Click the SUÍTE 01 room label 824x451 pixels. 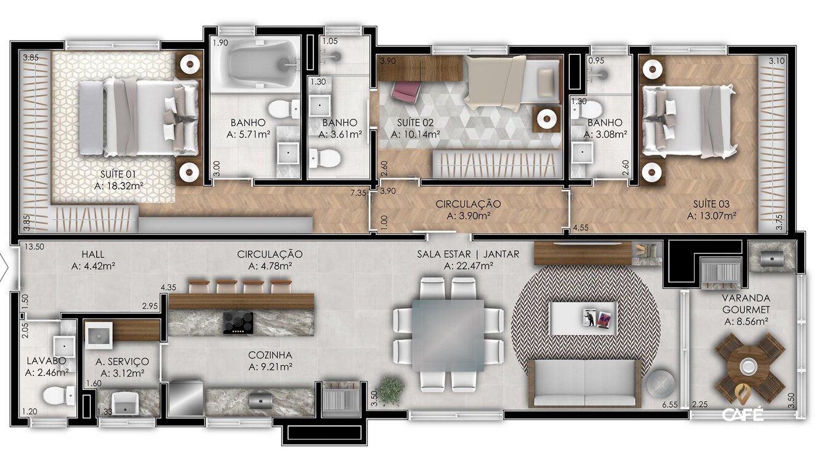coord(119,173)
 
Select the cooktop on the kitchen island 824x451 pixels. coord(238,322)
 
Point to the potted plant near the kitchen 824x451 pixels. coord(390,388)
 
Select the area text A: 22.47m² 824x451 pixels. coord(467,266)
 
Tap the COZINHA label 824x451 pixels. coord(270,355)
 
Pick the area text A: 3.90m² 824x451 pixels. coord(467,216)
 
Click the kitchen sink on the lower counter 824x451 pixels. coord(260,400)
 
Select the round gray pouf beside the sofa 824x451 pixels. coord(660,384)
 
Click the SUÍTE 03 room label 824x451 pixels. coord(712,203)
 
